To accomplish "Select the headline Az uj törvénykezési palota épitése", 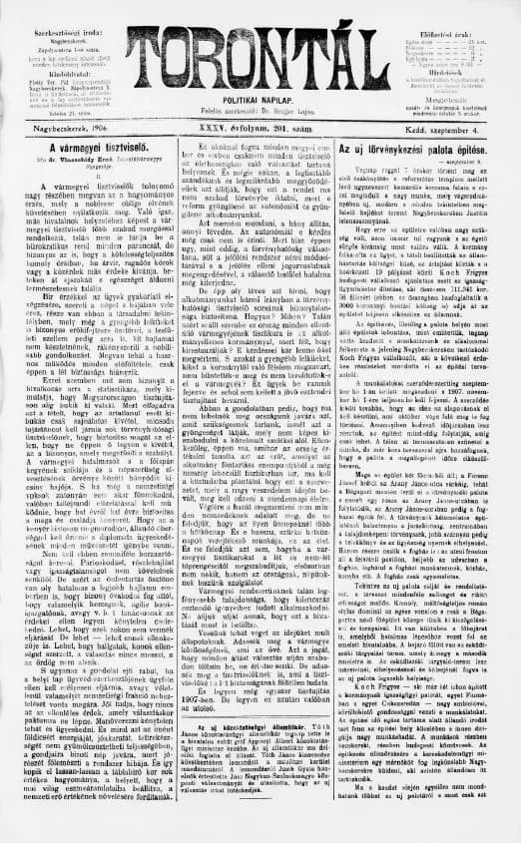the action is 430,149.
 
